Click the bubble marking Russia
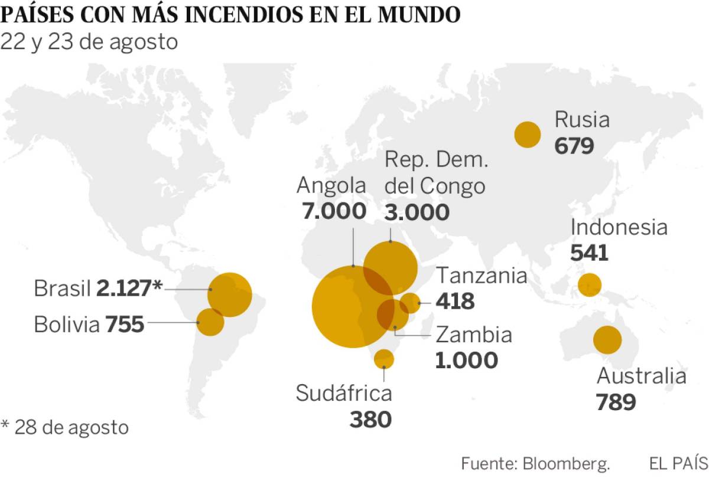click(x=528, y=135)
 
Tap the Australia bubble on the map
click(x=607, y=340)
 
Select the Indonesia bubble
click(x=589, y=285)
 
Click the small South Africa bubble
click(x=384, y=358)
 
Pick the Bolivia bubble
click(x=210, y=322)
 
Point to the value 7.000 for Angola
click(x=334, y=211)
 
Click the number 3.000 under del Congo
click(x=417, y=212)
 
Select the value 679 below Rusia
click(x=574, y=145)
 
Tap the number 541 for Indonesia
click(x=589, y=253)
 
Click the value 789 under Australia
click(x=616, y=402)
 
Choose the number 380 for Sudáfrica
click(x=370, y=420)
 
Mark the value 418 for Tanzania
click(x=455, y=302)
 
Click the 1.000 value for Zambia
click(x=467, y=360)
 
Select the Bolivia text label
click(x=67, y=324)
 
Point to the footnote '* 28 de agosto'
click(x=64, y=427)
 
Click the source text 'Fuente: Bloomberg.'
click(x=535, y=463)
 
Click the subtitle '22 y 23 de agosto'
click(x=89, y=42)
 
